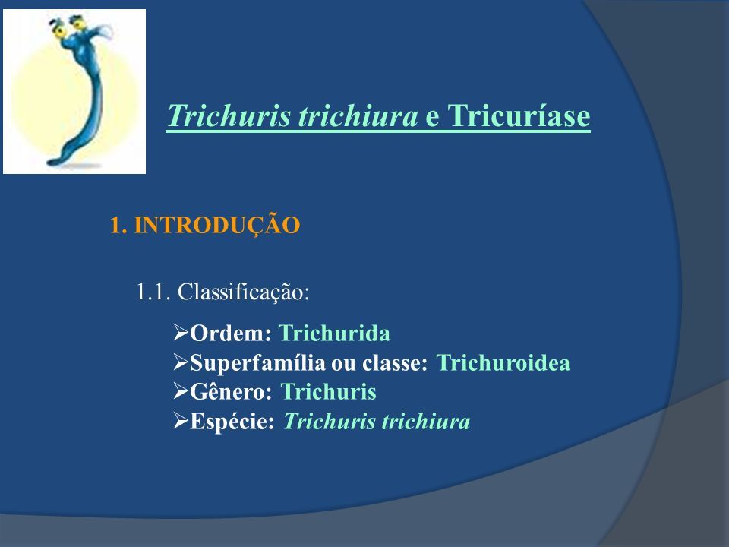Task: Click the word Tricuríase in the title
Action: pos(519,115)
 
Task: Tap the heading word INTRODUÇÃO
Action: pos(217,224)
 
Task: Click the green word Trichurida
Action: pos(334,334)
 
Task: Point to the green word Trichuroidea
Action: pos(503,363)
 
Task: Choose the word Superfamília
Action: pos(257,363)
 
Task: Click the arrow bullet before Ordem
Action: pos(181,332)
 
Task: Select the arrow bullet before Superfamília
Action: pos(181,362)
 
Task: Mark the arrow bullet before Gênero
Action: pos(181,391)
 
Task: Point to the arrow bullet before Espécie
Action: pos(181,421)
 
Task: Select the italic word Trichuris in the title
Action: pos(229,115)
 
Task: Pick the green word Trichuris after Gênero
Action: pos(329,392)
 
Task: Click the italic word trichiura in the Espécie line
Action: pos(426,422)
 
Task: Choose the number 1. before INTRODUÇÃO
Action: pos(118,226)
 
